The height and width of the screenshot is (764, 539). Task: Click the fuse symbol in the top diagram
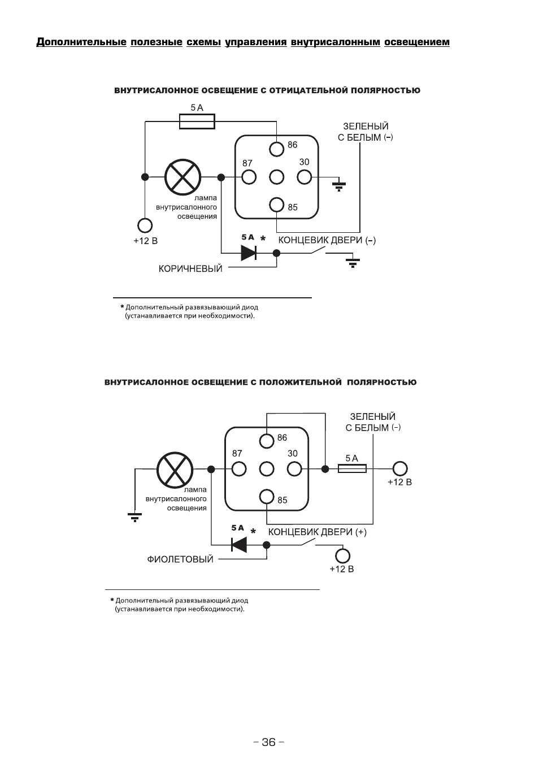pyautogui.click(x=197, y=121)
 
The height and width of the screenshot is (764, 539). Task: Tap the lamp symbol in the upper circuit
pyautogui.click(x=182, y=177)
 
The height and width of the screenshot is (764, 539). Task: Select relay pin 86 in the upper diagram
pyautogui.click(x=276, y=149)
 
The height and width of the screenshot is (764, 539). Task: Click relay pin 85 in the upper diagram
pyautogui.click(x=276, y=205)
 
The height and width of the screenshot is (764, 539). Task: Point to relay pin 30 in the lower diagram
pyautogui.click(x=294, y=468)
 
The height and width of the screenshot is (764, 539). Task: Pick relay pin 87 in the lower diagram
pyautogui.click(x=238, y=468)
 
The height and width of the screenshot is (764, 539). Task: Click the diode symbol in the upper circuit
pyautogui.click(x=249, y=253)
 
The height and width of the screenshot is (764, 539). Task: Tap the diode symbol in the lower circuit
pyautogui.click(x=238, y=545)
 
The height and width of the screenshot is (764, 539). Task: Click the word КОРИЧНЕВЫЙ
pyautogui.click(x=190, y=269)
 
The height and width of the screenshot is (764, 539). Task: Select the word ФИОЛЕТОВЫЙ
pyautogui.click(x=180, y=559)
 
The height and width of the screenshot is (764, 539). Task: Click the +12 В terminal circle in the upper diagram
pyautogui.click(x=145, y=225)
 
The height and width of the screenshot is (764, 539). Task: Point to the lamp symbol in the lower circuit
pyautogui.click(x=175, y=470)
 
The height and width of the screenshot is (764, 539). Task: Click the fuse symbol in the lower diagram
pyautogui.click(x=352, y=468)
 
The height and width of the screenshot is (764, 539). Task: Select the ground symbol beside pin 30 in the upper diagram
pyautogui.click(x=339, y=185)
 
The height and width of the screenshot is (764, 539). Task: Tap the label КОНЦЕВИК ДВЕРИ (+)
pyautogui.click(x=318, y=532)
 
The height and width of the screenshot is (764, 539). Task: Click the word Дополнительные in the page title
pyautogui.click(x=81, y=42)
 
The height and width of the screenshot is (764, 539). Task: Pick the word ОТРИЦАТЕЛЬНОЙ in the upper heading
pyautogui.click(x=309, y=90)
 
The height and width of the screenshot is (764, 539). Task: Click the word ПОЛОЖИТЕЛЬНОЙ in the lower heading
pyautogui.click(x=301, y=382)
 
